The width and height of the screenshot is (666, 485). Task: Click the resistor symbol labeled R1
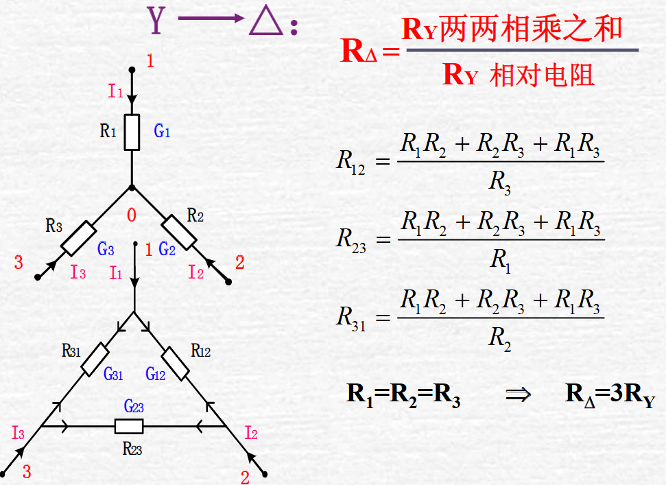[132, 132]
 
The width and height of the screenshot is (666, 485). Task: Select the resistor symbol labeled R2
[180, 232]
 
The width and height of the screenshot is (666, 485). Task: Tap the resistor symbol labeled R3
[78, 238]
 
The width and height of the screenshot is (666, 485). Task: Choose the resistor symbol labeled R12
[176, 364]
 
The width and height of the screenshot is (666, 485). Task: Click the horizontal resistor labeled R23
[129, 427]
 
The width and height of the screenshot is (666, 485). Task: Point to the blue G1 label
[162, 131]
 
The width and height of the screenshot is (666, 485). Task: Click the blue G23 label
[134, 406]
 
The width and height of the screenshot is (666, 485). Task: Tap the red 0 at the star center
[131, 215]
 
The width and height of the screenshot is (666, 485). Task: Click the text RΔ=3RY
[615, 396]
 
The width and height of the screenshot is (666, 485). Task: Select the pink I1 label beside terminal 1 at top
[116, 91]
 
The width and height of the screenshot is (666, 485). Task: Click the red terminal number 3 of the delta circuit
[27, 471]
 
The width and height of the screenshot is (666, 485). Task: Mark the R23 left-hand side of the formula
[351, 239]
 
